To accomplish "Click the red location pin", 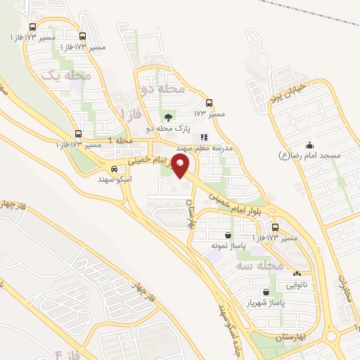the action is coord(181,166).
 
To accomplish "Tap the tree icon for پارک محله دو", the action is coord(167,117).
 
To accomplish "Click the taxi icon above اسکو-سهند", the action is coord(114,169).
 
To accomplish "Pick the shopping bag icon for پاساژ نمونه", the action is coord(228,236).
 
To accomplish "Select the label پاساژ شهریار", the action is coord(262,303).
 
